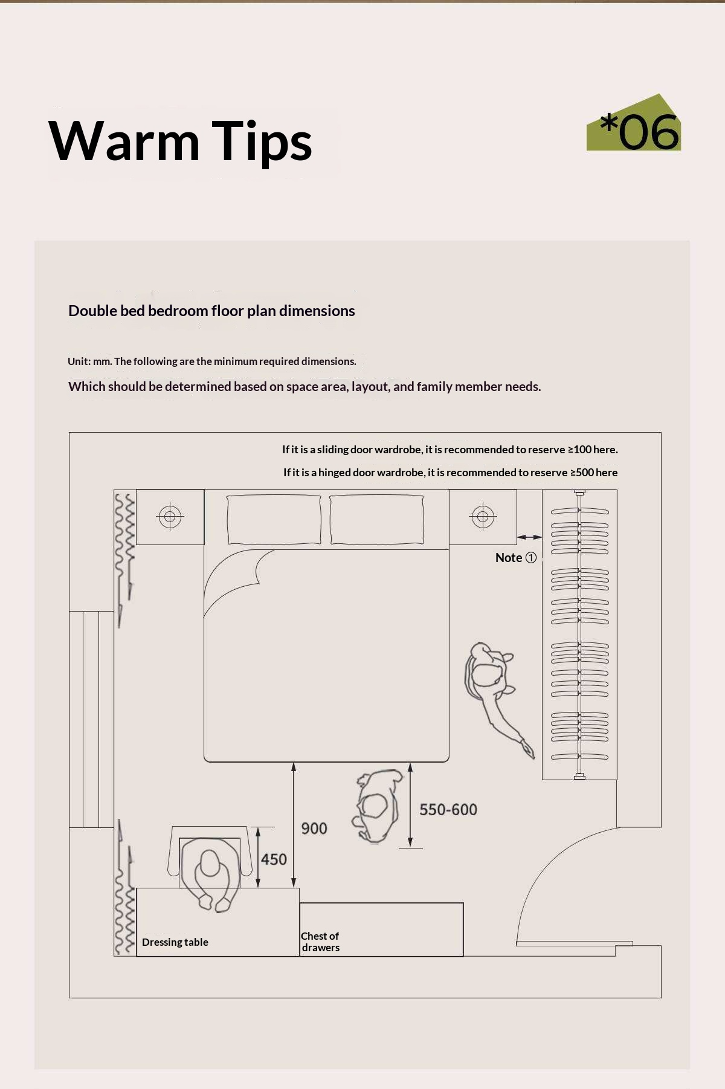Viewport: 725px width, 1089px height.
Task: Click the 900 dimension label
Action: pyautogui.click(x=314, y=828)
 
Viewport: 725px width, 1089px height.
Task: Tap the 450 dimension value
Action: pyautogui.click(x=274, y=859)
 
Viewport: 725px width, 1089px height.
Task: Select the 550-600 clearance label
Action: pyautogui.click(x=448, y=809)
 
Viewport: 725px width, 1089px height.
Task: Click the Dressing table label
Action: pyautogui.click(x=175, y=942)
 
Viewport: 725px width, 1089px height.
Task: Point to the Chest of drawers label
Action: pyautogui.click(x=320, y=942)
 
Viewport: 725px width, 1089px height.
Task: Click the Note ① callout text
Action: pyautogui.click(x=515, y=557)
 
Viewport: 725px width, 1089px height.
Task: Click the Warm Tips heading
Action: pyautogui.click(x=180, y=141)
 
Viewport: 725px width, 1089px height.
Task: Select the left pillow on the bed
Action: pyautogui.click(x=274, y=520)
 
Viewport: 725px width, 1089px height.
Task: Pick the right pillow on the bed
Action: pyautogui.click(x=376, y=520)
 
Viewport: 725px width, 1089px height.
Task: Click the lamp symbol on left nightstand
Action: pyautogui.click(x=170, y=516)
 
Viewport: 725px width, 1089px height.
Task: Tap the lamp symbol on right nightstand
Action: pyautogui.click(x=483, y=516)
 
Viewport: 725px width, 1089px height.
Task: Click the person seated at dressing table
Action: pyautogui.click(x=210, y=873)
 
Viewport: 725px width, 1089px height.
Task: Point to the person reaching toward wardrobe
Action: pyautogui.click(x=494, y=695)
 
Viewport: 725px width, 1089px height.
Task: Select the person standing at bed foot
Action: pyautogui.click(x=378, y=806)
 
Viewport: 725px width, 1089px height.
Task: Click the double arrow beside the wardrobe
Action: pyautogui.click(x=530, y=537)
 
